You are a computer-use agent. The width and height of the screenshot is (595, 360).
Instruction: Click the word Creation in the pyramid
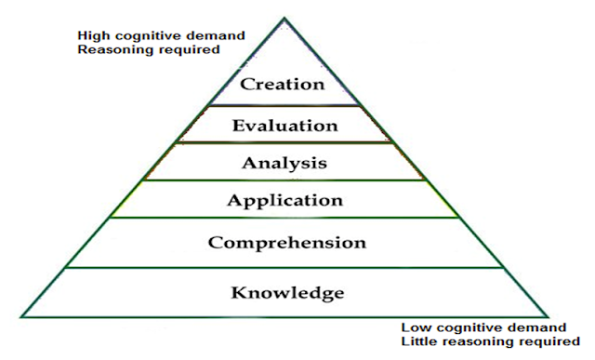(283, 84)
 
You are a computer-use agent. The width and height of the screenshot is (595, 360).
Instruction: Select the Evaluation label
(285, 126)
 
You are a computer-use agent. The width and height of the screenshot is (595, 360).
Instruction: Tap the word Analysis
(284, 164)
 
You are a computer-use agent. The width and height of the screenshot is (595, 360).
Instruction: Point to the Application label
(285, 201)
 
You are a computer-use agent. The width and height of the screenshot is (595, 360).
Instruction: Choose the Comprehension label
(287, 243)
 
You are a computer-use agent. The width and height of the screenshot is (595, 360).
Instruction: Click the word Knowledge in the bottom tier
(287, 293)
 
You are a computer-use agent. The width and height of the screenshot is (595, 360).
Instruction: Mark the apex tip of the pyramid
(284, 18)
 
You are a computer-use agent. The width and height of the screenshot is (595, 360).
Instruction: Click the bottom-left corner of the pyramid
(21, 317)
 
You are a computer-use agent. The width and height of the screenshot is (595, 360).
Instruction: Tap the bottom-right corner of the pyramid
(548, 317)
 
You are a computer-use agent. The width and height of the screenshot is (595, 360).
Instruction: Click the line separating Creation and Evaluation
(284, 105)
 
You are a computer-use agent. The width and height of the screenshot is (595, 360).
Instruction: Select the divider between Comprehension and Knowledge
(284, 268)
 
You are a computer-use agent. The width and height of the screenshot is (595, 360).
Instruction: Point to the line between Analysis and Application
(284, 180)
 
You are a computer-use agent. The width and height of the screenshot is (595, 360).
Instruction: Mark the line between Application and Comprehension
(284, 218)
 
